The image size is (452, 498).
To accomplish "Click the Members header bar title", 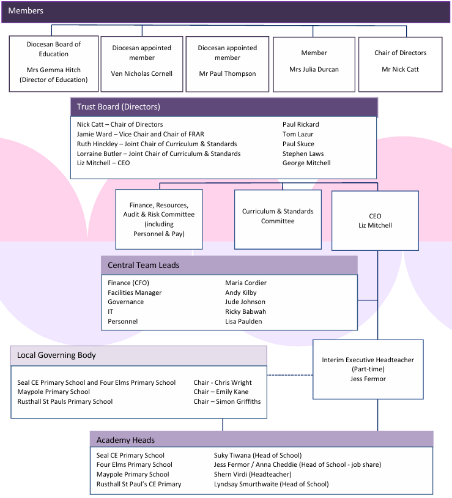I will point(26,11).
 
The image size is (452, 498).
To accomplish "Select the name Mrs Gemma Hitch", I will point(53,70).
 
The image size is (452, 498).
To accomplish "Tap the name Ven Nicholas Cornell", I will point(141,73).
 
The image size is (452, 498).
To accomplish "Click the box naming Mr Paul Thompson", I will point(228,64).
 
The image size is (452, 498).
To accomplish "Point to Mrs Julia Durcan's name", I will point(314,69).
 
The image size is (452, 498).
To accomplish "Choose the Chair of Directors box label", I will point(400,53).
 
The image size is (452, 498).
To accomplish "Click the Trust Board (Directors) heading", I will point(118,107).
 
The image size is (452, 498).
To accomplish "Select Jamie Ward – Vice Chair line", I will point(140,134).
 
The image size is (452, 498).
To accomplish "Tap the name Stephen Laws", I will point(303,154).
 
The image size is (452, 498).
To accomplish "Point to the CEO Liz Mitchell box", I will point(375,221).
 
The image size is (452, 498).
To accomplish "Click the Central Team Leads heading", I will point(143,266).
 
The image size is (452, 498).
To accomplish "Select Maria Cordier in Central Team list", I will point(245,283).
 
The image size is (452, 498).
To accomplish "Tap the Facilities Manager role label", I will point(135,292).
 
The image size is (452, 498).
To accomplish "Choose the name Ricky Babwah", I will point(245,311).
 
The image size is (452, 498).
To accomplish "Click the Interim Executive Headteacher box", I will point(368,369).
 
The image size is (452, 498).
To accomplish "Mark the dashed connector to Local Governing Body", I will point(290,375).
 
